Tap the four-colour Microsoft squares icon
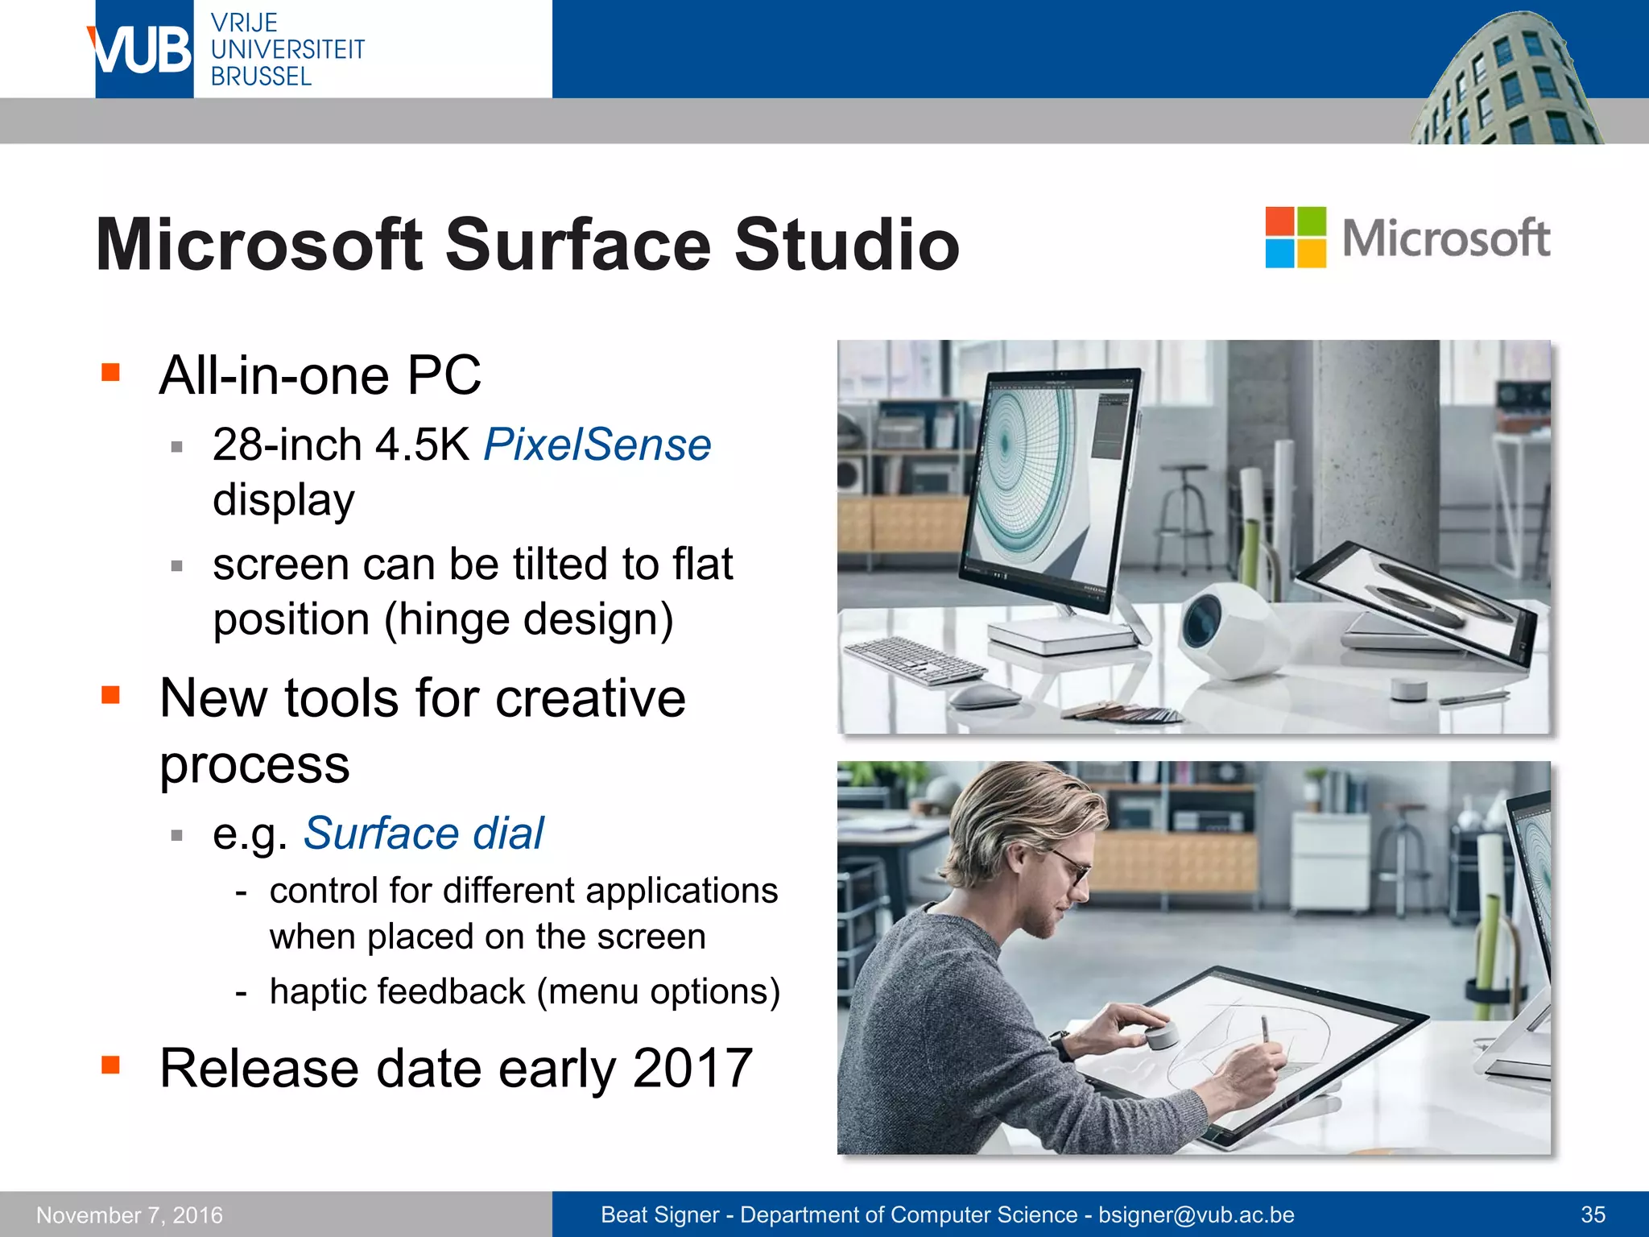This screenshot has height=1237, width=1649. point(1295,237)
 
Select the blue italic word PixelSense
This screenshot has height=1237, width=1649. point(597,445)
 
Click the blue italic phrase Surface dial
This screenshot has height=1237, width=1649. point(424,833)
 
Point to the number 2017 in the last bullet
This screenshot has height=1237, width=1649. point(692,1068)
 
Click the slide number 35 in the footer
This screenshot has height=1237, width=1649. point(1593,1214)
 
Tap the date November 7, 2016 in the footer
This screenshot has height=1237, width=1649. point(130,1214)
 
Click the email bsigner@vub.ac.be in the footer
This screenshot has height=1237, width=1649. point(1196,1214)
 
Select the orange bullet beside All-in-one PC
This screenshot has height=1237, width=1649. point(110,372)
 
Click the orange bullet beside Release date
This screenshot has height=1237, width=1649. point(110,1065)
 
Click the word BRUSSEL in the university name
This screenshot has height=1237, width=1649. point(261,77)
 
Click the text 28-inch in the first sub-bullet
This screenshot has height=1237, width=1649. point(287,445)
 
